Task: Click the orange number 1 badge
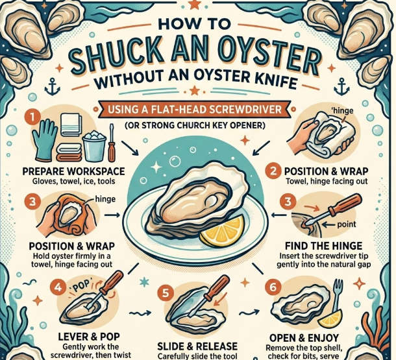pyautogui.click(x=32, y=117)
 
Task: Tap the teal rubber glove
pyautogui.click(x=46, y=141)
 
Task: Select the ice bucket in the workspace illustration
pyautogui.click(x=94, y=147)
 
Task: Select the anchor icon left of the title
pyautogui.click(x=53, y=86)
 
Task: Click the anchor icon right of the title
pyautogui.click(x=342, y=86)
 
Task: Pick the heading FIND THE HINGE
pyautogui.click(x=324, y=246)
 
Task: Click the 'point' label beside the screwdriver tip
pyautogui.click(x=347, y=224)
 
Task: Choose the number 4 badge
pyautogui.click(x=58, y=287)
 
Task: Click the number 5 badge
pyautogui.click(x=165, y=293)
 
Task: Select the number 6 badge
pyautogui.click(x=273, y=287)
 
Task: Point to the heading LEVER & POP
pyautogui.click(x=89, y=337)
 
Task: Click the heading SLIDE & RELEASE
pyautogui.click(x=197, y=346)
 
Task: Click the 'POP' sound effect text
pyautogui.click(x=82, y=285)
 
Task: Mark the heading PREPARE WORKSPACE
pyautogui.click(x=74, y=171)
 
